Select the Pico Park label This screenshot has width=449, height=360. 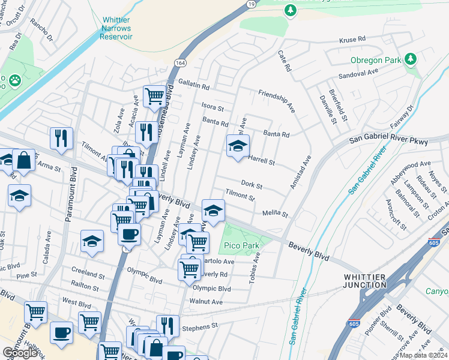(241, 245)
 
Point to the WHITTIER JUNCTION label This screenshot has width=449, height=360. (377, 280)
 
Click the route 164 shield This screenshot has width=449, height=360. (181, 62)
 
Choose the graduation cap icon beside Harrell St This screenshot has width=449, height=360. (238, 146)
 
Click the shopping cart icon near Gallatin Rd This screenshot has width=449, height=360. (154, 95)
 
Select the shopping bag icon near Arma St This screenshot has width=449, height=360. (24, 161)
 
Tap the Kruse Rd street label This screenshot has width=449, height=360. (352, 39)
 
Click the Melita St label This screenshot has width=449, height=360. (275, 214)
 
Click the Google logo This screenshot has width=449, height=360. (20, 353)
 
